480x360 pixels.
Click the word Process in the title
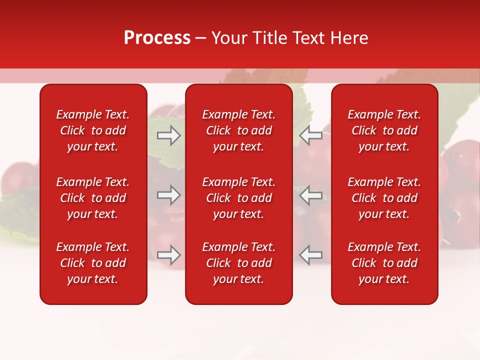tap(157, 38)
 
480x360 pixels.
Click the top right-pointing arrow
tap(169, 135)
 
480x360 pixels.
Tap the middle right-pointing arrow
tap(169, 195)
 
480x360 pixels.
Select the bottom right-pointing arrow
tap(169, 255)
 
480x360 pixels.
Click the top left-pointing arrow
tap(311, 135)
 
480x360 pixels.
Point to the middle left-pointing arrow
tap(311, 195)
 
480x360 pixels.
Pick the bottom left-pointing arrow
tap(311, 255)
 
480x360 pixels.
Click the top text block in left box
tap(93, 130)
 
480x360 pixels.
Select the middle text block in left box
tap(93, 198)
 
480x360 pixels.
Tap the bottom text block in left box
tap(93, 263)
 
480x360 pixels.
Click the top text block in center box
tap(238, 130)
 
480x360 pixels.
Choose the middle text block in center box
tap(238, 198)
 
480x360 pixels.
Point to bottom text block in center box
tap(238, 263)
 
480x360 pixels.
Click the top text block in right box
tap(384, 130)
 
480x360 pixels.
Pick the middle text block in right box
tap(384, 198)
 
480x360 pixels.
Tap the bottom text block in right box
tap(384, 263)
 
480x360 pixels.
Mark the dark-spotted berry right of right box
tap(455, 215)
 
